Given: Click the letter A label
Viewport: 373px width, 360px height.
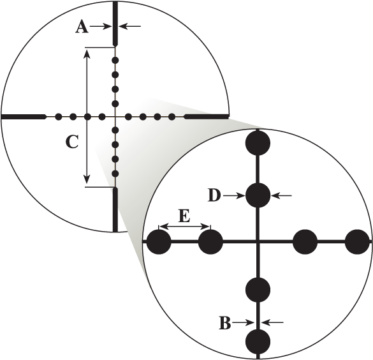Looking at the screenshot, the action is pyautogui.click(x=82, y=26).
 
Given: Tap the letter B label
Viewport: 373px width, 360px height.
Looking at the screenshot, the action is pyautogui.click(x=225, y=323).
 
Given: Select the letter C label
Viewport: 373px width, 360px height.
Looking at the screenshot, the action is pyautogui.click(x=72, y=142).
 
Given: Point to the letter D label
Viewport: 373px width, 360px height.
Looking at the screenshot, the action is pyautogui.click(x=214, y=195).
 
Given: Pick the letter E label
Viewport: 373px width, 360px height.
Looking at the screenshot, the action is pyautogui.click(x=184, y=216).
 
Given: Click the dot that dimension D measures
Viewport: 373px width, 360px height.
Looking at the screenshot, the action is pyautogui.click(x=258, y=195).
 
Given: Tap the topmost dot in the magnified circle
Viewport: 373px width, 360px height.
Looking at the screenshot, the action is pyautogui.click(x=258, y=143).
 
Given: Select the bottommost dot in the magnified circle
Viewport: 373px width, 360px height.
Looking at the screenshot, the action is pyautogui.click(x=258, y=341).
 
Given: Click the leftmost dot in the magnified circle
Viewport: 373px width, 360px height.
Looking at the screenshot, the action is pyautogui.click(x=159, y=242).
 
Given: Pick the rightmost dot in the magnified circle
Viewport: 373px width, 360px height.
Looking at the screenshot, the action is pyautogui.click(x=357, y=242).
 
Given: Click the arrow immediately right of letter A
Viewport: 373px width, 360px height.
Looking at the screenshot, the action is pyautogui.click(x=99, y=26).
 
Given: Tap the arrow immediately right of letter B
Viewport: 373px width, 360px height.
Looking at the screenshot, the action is pyautogui.click(x=243, y=323).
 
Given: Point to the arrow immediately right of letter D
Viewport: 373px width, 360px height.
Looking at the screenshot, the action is pyautogui.click(x=234, y=196).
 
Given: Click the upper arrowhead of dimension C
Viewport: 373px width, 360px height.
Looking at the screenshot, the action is pyautogui.click(x=87, y=54).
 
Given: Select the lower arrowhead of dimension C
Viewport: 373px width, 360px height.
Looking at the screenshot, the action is pyautogui.click(x=87, y=179).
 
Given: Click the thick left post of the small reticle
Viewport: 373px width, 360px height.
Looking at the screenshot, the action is pyautogui.click(x=24, y=117).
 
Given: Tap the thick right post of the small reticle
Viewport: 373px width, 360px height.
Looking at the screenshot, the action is pyautogui.click(x=207, y=117).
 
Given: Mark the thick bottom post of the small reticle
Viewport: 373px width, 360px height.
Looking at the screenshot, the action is pyautogui.click(x=115, y=209).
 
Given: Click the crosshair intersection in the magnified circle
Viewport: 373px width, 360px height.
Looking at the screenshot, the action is pyautogui.click(x=258, y=242).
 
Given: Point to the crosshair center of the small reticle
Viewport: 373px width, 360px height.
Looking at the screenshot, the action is pyautogui.click(x=115, y=117).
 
